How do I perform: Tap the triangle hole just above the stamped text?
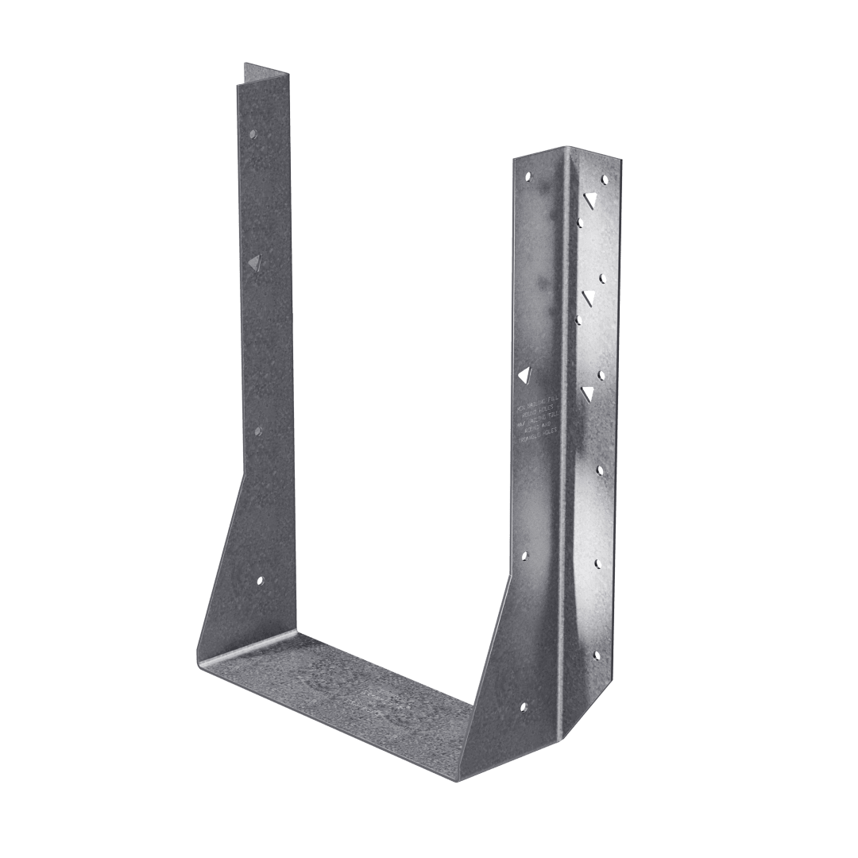click(x=524, y=373)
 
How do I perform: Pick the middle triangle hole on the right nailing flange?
click(x=589, y=296)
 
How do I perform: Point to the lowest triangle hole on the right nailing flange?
click(x=588, y=392)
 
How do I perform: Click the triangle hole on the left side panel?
click(x=253, y=261)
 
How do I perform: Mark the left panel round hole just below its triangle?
click(x=258, y=431)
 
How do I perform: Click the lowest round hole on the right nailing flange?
click(x=597, y=655)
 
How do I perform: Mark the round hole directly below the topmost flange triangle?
click(x=581, y=224)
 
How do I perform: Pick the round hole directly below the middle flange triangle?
click(x=579, y=320)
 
